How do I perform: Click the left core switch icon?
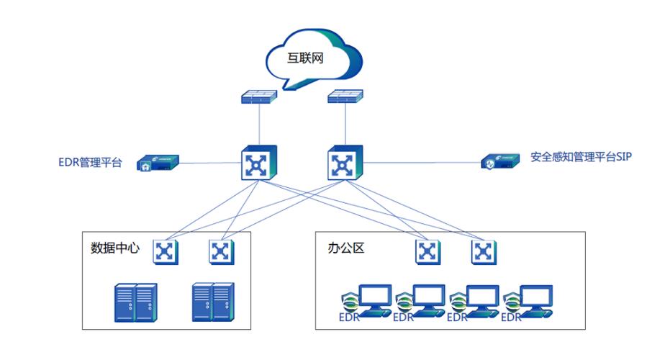(255, 163)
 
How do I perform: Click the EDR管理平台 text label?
(90, 163)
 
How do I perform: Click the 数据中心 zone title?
(115, 249)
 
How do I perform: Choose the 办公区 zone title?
(348, 249)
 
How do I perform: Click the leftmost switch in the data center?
(166, 251)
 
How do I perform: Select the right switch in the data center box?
(220, 251)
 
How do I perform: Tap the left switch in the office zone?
(427, 251)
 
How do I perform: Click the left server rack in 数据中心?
(135, 302)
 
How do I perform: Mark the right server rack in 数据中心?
(213, 302)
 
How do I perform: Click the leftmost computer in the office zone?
(374, 300)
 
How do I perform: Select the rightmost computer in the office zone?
(535, 300)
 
